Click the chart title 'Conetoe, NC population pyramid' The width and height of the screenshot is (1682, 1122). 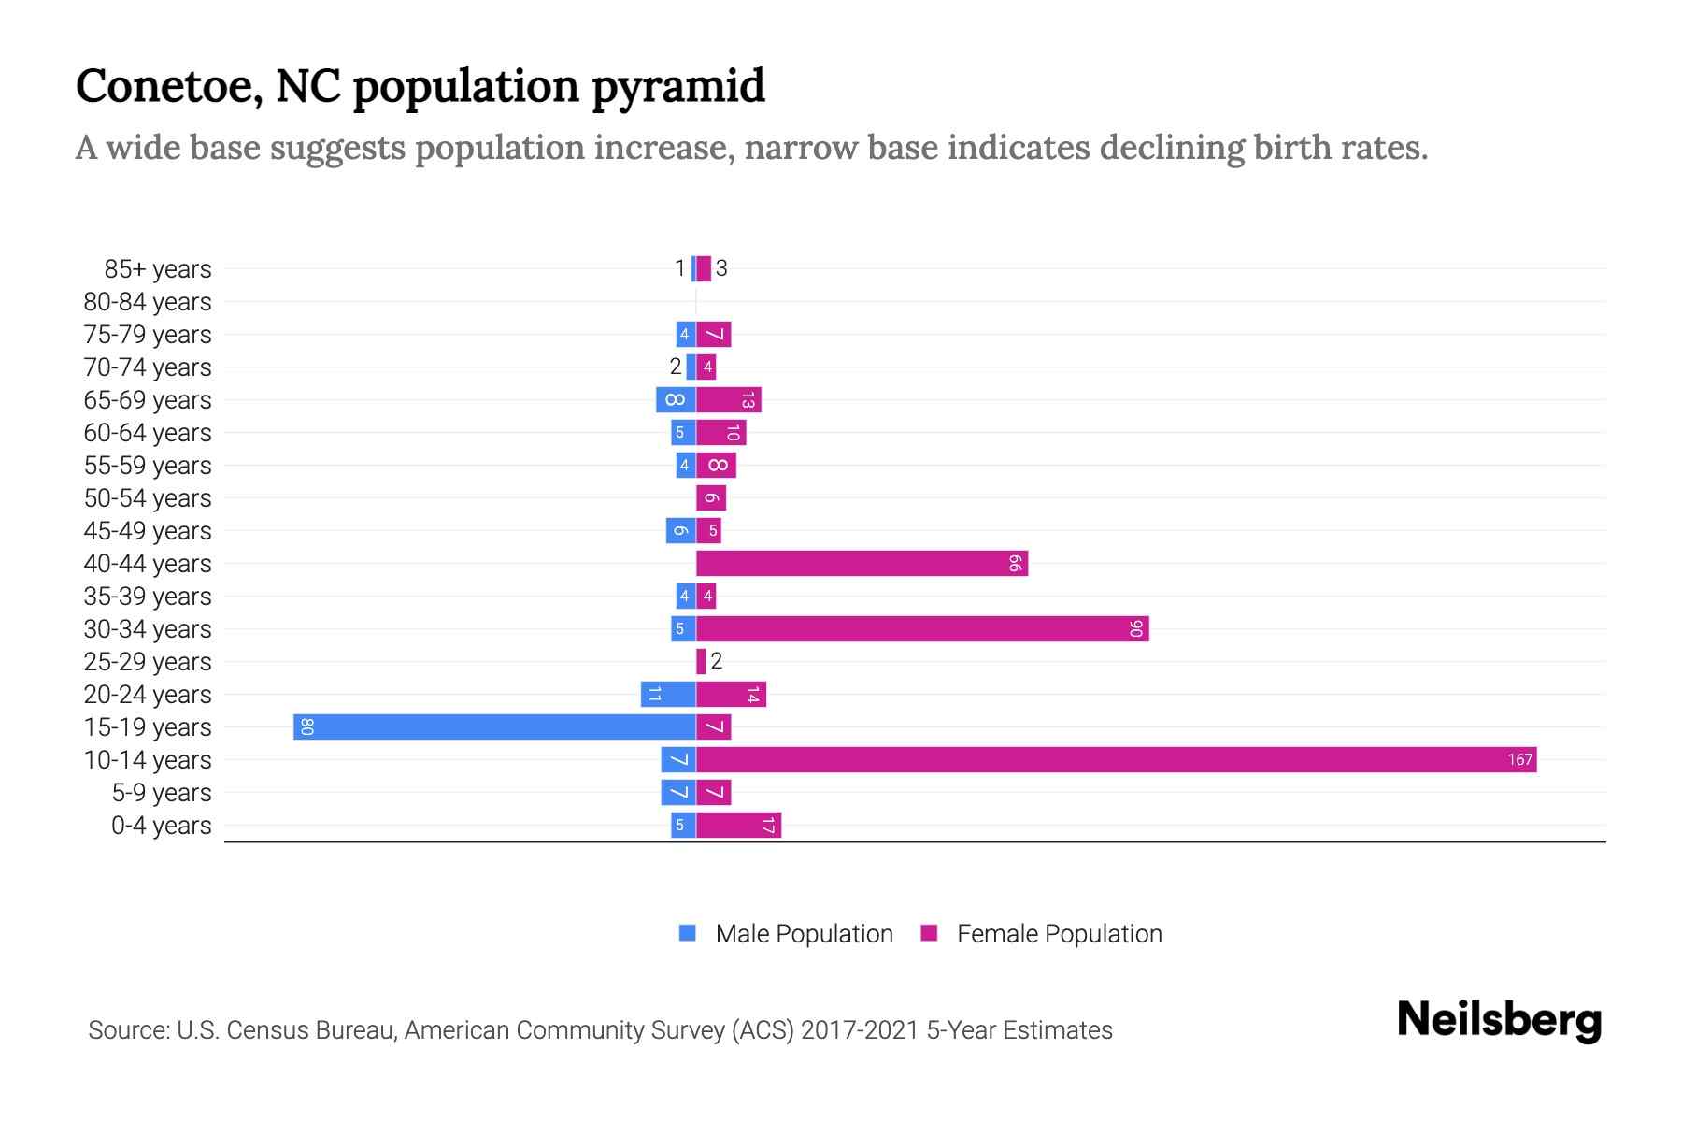420,86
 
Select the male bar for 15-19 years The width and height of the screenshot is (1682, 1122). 494,727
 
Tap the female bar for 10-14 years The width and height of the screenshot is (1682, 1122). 1116,760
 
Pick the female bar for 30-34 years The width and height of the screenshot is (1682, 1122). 922,629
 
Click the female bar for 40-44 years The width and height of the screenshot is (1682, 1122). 862,564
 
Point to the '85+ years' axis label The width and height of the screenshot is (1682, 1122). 157,269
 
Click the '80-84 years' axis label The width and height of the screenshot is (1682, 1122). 147,302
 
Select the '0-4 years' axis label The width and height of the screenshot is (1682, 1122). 161,826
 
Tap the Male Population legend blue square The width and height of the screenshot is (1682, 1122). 688,933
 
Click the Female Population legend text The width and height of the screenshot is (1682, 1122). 1059,934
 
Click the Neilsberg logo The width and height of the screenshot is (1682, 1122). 1499,1020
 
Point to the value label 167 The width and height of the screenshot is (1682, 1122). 1519,760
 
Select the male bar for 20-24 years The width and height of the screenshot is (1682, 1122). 668,695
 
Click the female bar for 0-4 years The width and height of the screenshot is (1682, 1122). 738,826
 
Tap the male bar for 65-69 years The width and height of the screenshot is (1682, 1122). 676,400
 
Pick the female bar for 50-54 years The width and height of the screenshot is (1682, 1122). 711,498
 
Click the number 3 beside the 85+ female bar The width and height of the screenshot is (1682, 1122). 721,269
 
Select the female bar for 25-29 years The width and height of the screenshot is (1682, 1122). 701,662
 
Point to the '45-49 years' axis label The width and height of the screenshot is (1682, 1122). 147,531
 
